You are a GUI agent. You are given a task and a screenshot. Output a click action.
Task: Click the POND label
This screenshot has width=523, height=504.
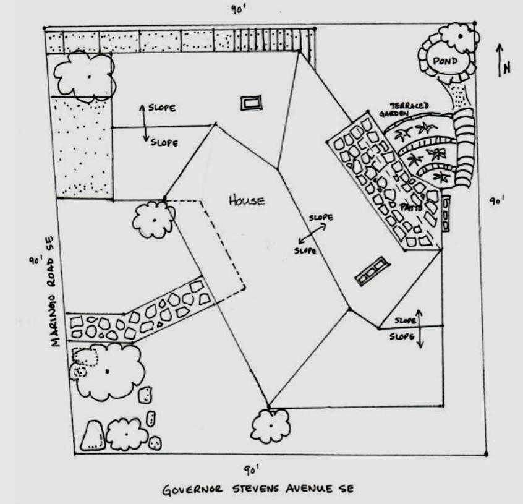pos(446,61)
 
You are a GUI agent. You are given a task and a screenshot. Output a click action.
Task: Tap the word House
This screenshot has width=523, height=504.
pos(247,200)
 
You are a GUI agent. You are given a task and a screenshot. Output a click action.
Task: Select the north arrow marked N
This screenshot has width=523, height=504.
pos(503,62)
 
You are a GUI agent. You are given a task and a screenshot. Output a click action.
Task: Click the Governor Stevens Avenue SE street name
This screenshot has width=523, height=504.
pos(258,489)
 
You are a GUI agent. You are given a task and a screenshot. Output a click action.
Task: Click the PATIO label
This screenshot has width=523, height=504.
pos(411,208)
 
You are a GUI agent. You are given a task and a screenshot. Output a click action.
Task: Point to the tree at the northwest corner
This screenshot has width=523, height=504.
pos(85,75)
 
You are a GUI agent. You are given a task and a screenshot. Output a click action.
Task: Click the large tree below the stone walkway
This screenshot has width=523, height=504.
pos(111,371)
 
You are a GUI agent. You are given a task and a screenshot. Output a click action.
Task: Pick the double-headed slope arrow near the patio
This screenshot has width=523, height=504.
pos(313,234)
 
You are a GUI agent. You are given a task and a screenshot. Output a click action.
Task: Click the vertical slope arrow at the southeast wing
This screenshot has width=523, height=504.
pos(420,328)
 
